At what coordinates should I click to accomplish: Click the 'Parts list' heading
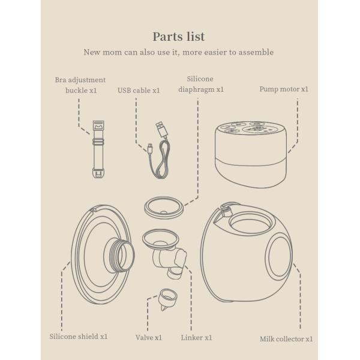(x=179, y=37)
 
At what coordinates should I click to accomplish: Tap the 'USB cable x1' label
(x=139, y=91)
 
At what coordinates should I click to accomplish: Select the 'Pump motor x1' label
(x=284, y=89)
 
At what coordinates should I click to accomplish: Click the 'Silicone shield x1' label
(x=79, y=337)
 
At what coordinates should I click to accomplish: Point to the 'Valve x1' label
(x=149, y=338)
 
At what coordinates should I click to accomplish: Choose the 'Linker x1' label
(x=196, y=338)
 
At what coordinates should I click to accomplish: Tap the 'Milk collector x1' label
(x=286, y=339)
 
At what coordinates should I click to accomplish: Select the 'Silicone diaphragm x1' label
(x=200, y=84)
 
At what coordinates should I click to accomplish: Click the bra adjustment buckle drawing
(x=97, y=149)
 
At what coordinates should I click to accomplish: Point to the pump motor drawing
(x=250, y=153)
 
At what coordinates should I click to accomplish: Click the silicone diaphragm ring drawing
(x=163, y=208)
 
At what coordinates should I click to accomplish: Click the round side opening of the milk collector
(x=279, y=257)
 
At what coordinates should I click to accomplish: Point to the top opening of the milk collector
(x=250, y=225)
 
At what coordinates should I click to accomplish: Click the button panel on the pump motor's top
(x=250, y=128)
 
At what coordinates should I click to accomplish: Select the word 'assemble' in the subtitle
(x=256, y=52)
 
